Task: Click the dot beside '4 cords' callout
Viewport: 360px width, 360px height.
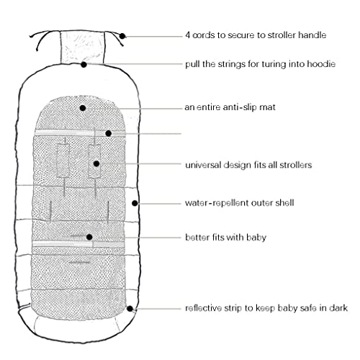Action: (x=122, y=36)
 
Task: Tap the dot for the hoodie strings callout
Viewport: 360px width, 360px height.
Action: (x=84, y=65)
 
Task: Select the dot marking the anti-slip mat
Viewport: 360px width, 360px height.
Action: (x=83, y=108)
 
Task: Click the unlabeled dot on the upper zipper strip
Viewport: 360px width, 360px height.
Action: (x=109, y=133)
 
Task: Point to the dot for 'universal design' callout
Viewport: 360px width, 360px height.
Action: (x=96, y=163)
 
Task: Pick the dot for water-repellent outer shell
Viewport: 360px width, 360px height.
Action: (x=135, y=203)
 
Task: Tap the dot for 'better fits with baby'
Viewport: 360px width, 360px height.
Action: (x=89, y=237)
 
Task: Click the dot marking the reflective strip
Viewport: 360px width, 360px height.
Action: (x=130, y=309)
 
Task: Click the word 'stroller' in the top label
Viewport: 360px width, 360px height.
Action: (x=282, y=35)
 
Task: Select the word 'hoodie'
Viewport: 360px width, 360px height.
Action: (x=320, y=64)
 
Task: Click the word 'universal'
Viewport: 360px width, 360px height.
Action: (x=203, y=165)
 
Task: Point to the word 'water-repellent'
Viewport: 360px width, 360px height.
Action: (x=217, y=203)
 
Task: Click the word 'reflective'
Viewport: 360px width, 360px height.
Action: (x=203, y=308)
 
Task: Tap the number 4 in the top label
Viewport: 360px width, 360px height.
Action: (x=188, y=35)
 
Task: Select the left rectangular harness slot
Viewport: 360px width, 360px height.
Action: (x=63, y=161)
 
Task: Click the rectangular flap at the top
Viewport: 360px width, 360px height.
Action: (x=82, y=47)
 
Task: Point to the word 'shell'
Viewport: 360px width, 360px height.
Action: (x=284, y=203)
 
